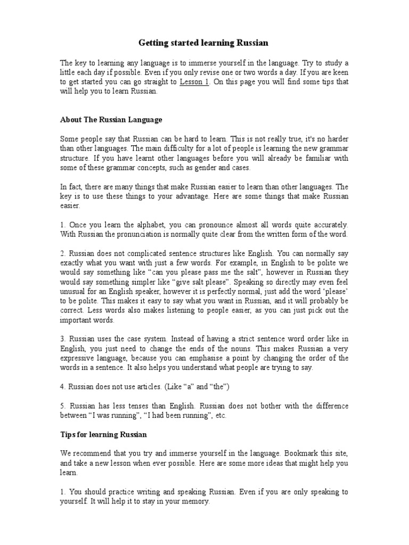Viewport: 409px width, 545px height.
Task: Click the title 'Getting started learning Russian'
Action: pyautogui.click(x=204, y=42)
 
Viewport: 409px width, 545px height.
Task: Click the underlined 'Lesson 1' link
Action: pyautogui.click(x=194, y=82)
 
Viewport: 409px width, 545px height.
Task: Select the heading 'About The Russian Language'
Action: pyautogui.click(x=111, y=120)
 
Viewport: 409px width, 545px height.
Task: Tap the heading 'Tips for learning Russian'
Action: pyautogui.click(x=103, y=435)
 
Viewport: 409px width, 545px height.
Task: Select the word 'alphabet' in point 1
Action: pyautogui.click(x=140, y=225)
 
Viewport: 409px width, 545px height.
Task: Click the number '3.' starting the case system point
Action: pyautogui.click(x=63, y=339)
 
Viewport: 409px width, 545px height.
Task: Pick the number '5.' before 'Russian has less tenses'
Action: pyautogui.click(x=63, y=406)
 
